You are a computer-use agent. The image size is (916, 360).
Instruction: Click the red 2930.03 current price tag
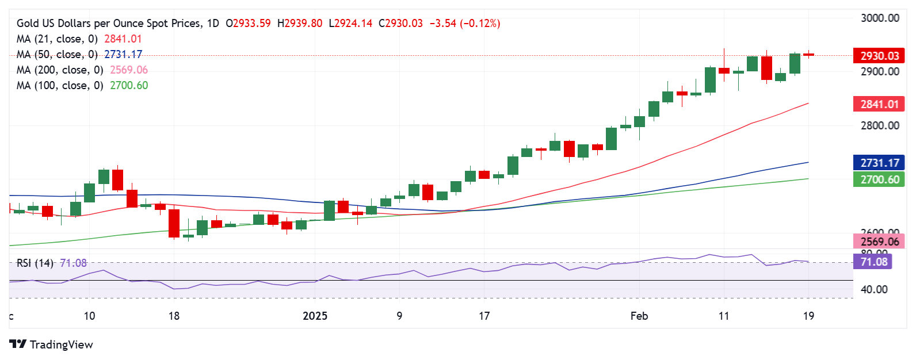point(879,56)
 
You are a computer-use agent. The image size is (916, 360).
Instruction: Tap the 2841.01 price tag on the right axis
point(879,104)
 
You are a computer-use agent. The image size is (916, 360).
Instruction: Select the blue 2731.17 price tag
point(879,163)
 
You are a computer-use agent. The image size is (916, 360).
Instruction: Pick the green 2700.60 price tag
point(879,179)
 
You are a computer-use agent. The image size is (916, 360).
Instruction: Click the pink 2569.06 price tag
point(879,242)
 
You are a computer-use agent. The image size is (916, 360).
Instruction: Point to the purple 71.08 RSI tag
point(873,262)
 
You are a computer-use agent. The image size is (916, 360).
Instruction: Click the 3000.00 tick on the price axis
point(880,18)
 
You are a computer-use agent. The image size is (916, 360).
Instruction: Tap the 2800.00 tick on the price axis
point(880,125)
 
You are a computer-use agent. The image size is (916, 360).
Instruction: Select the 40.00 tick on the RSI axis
point(873,289)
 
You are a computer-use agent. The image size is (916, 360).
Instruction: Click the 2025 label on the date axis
point(315,316)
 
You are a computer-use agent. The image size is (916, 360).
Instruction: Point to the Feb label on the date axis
point(639,316)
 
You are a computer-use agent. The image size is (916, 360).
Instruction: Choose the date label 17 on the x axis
point(484,316)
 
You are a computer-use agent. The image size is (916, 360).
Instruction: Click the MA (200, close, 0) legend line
point(60,70)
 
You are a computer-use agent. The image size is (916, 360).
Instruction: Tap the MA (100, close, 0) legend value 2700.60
point(129,86)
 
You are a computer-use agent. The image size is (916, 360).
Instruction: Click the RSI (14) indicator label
point(35,263)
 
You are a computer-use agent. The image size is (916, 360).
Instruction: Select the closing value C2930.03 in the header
point(400,24)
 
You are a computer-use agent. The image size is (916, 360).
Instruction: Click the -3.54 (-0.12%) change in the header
point(465,24)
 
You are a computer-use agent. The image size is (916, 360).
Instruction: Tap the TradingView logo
point(51,344)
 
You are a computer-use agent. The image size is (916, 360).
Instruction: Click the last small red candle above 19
point(808,55)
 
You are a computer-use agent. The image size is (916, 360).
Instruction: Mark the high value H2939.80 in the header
point(299,24)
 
